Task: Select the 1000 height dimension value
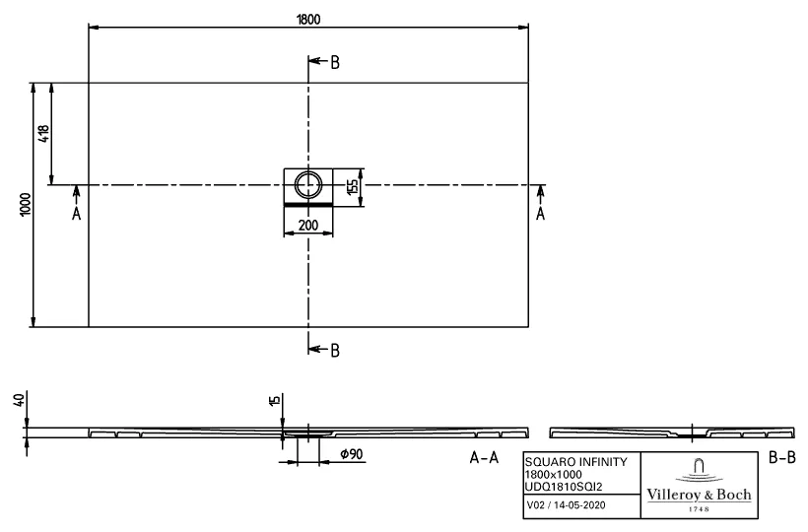pyautogui.click(x=25, y=204)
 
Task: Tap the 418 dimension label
pyautogui.click(x=43, y=133)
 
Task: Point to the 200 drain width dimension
pyautogui.click(x=308, y=226)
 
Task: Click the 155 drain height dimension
pyautogui.click(x=352, y=186)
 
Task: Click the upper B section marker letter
pyautogui.click(x=335, y=63)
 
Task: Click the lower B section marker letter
pyautogui.click(x=335, y=350)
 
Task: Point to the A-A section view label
pyautogui.click(x=483, y=458)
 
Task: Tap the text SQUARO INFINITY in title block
pyautogui.click(x=573, y=462)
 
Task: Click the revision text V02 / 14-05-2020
pyautogui.click(x=565, y=505)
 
